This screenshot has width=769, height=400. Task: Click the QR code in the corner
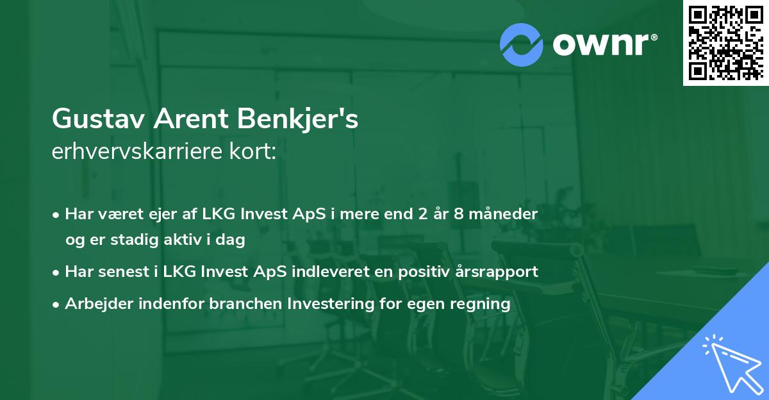pos(725,43)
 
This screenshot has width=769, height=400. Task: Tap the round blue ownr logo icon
pos(522,44)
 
